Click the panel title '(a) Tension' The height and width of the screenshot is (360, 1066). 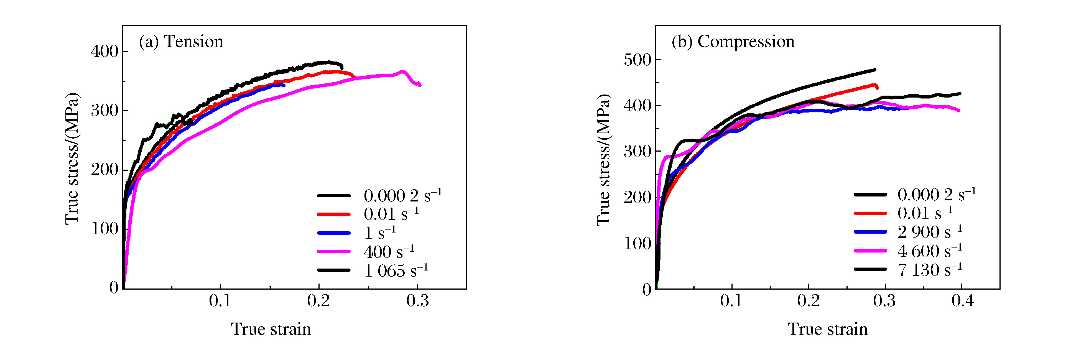[181, 42]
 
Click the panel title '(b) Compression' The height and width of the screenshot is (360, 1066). [733, 42]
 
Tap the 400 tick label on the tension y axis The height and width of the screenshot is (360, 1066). [104, 52]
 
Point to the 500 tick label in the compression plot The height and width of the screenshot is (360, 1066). [637, 60]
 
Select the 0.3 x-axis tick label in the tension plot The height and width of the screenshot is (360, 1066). [417, 301]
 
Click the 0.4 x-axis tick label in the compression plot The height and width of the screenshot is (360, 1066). [963, 301]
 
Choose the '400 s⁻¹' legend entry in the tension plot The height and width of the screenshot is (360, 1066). [389, 252]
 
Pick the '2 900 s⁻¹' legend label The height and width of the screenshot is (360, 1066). [929, 232]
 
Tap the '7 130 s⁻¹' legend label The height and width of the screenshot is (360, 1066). [929, 270]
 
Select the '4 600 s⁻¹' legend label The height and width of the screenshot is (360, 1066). [929, 251]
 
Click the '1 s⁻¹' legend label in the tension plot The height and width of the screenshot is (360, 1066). [379, 233]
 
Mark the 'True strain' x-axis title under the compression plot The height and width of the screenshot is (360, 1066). [828, 330]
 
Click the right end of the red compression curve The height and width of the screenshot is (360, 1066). [877, 87]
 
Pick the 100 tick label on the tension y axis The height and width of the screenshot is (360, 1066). [104, 229]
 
